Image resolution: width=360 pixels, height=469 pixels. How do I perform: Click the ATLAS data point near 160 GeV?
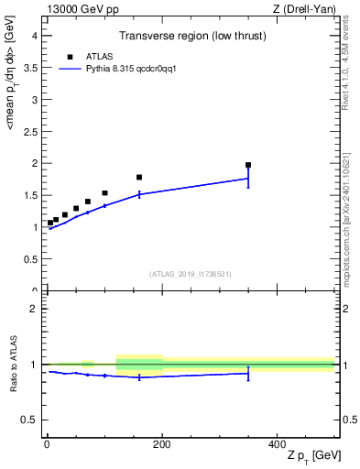(139, 177)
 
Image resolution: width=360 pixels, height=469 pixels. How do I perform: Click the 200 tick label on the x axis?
(162, 444)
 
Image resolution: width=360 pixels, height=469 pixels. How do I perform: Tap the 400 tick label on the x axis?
(277, 444)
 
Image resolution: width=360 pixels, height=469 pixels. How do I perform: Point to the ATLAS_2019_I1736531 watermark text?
(191, 274)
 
